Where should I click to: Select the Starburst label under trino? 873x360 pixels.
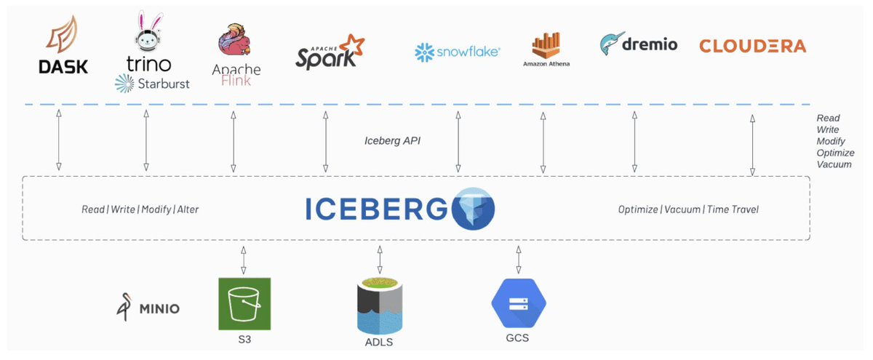pyautogui.click(x=152, y=84)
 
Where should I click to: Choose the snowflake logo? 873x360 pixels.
pyautogui.click(x=457, y=51)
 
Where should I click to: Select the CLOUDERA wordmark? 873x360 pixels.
pyautogui.click(x=752, y=47)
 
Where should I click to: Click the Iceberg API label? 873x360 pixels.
pyautogui.click(x=392, y=140)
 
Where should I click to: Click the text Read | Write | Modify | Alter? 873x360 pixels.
pyautogui.click(x=140, y=209)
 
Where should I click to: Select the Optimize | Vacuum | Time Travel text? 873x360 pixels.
pyautogui.click(x=688, y=209)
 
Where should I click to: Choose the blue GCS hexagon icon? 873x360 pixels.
pyautogui.click(x=518, y=305)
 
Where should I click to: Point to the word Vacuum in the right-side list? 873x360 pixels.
pyautogui.click(x=833, y=164)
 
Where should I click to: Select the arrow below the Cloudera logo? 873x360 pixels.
pyautogui.click(x=752, y=145)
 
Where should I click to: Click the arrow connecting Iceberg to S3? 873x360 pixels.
pyautogui.click(x=244, y=259)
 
